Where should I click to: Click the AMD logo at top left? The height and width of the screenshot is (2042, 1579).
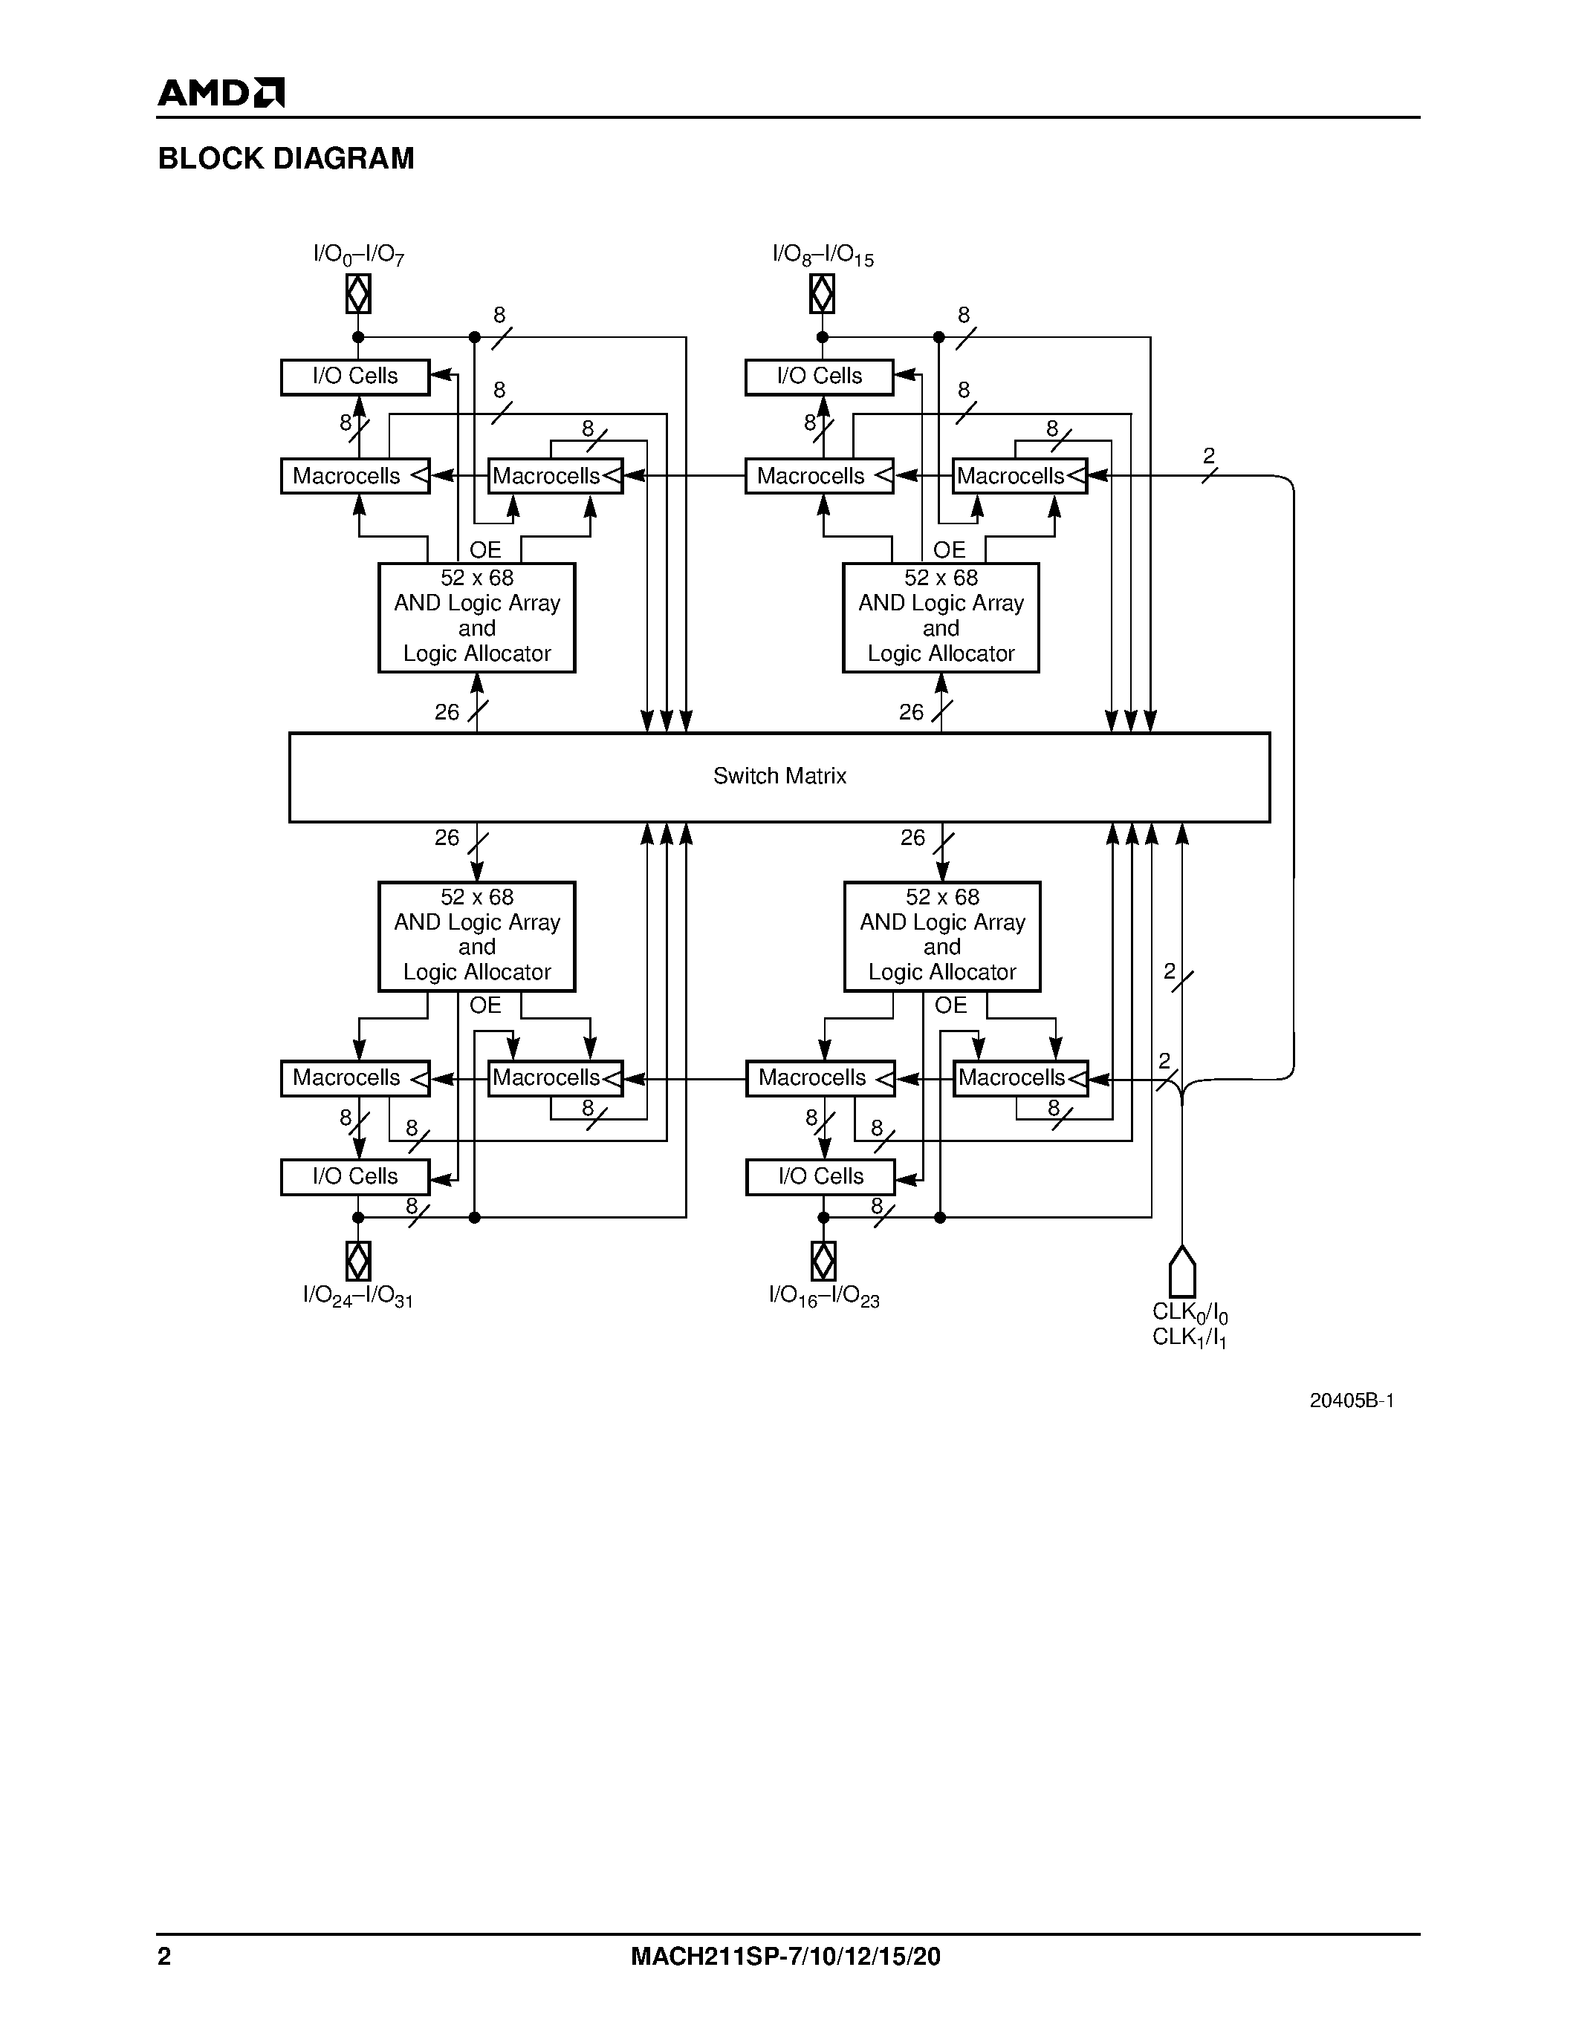221,93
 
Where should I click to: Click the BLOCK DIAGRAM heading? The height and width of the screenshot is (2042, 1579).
285,159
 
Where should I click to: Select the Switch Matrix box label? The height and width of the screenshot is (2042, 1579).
779,776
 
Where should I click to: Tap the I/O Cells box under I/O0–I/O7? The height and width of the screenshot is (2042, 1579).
354,376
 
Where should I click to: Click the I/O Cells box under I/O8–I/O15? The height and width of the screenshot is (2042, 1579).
819,376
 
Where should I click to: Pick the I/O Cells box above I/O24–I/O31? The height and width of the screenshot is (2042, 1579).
354,1177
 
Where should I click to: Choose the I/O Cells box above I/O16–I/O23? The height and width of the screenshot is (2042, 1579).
820,1177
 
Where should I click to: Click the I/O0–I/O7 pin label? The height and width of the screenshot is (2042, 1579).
358,254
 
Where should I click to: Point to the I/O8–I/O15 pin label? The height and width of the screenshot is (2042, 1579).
823,254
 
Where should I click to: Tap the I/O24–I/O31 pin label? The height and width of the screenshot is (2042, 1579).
357,1296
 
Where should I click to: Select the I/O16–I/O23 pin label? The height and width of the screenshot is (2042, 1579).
823,1296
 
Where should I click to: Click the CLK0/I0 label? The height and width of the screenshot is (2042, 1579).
1189,1313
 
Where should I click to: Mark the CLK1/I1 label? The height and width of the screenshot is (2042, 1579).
1189,1338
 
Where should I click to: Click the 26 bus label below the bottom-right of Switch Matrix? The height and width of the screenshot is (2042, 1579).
912,838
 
